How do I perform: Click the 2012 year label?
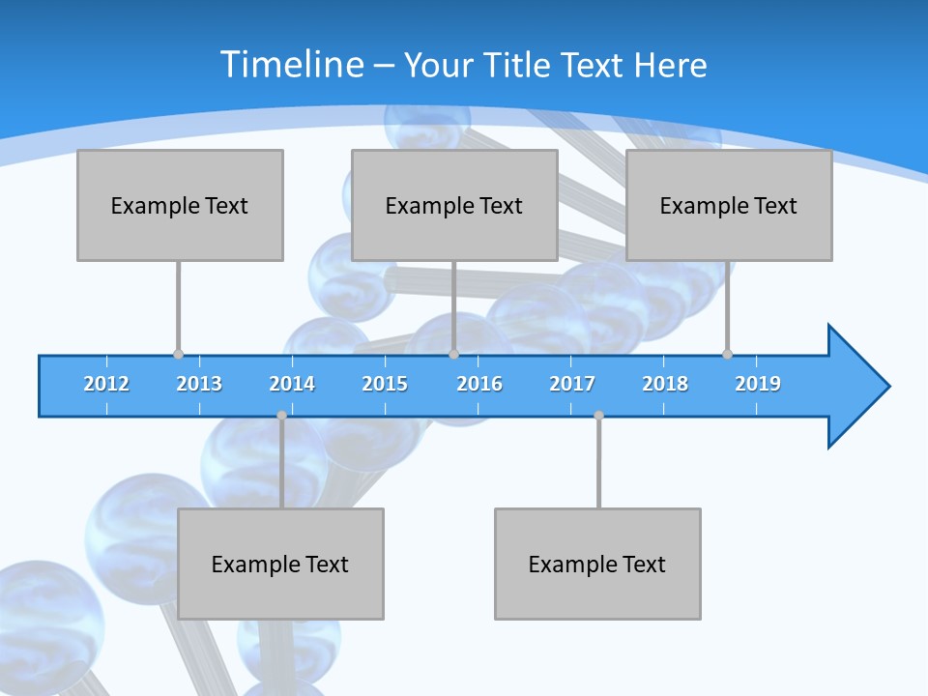click(x=106, y=384)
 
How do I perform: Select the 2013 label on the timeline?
click(x=199, y=384)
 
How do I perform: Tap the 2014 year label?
click(x=292, y=384)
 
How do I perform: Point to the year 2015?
click(x=385, y=384)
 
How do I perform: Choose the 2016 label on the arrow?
click(x=479, y=384)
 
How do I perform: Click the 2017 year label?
click(x=572, y=384)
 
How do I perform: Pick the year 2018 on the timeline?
click(x=665, y=384)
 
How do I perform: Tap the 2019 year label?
click(x=758, y=384)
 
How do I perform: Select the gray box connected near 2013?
click(x=180, y=205)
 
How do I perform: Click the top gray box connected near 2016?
click(x=454, y=205)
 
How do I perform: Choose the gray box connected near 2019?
click(x=729, y=205)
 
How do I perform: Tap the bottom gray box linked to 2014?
click(x=280, y=564)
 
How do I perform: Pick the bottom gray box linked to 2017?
click(x=597, y=564)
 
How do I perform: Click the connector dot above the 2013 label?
click(x=178, y=354)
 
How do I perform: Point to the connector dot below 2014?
click(x=281, y=416)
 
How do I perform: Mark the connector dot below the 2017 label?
click(x=598, y=416)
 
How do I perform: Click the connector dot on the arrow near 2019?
click(x=727, y=354)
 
